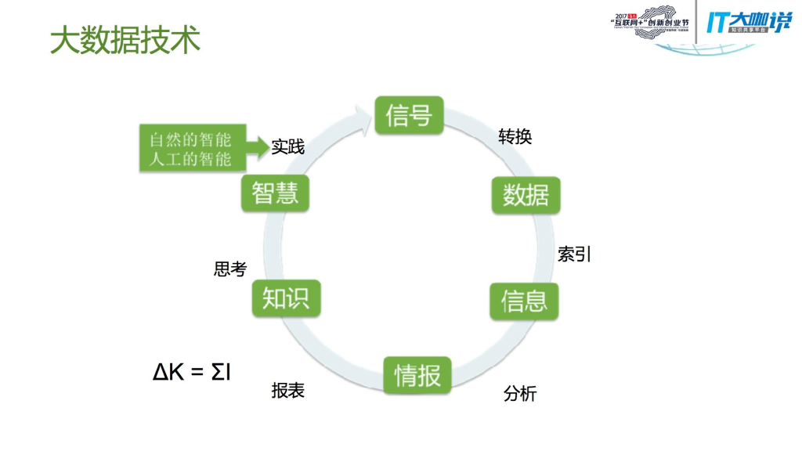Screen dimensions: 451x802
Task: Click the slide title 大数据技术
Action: click(125, 41)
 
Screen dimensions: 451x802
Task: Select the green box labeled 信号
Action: click(409, 115)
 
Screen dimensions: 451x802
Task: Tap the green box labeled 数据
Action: click(526, 195)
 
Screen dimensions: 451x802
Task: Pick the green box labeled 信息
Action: click(524, 300)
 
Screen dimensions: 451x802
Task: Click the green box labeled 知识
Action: click(286, 298)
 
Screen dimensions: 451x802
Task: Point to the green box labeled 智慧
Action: click(275, 193)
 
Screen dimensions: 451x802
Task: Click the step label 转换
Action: click(515, 136)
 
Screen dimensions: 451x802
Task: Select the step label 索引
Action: click(574, 254)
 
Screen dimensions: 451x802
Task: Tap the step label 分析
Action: click(520, 394)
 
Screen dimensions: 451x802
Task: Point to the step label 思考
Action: click(230, 269)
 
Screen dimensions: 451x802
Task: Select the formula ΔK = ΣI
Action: click(191, 372)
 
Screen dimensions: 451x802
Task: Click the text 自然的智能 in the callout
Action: click(191, 141)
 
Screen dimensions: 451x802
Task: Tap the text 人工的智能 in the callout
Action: click(191, 160)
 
